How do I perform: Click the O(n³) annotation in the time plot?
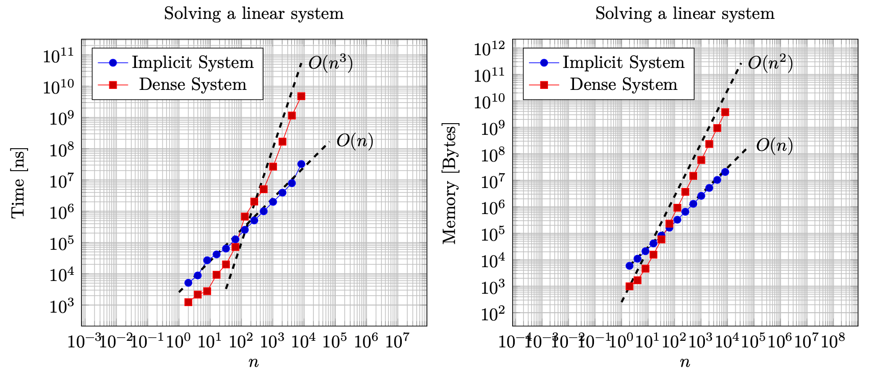tap(330, 63)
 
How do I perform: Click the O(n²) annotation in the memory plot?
tap(770, 63)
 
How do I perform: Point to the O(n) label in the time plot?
tap(354, 142)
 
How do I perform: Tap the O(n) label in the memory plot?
tap(774, 146)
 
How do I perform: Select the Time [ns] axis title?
tap(18, 182)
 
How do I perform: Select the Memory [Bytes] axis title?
tap(450, 183)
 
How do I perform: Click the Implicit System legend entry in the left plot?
tap(193, 62)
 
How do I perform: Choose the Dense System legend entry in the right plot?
tap(623, 84)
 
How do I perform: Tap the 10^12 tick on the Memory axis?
tap(490, 50)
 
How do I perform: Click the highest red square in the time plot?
tap(301, 96)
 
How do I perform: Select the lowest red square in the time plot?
tap(188, 302)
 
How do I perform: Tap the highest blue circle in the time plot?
tap(301, 164)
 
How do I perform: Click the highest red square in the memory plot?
tap(725, 112)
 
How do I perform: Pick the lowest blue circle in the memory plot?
tap(629, 266)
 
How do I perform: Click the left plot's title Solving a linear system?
tap(254, 14)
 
